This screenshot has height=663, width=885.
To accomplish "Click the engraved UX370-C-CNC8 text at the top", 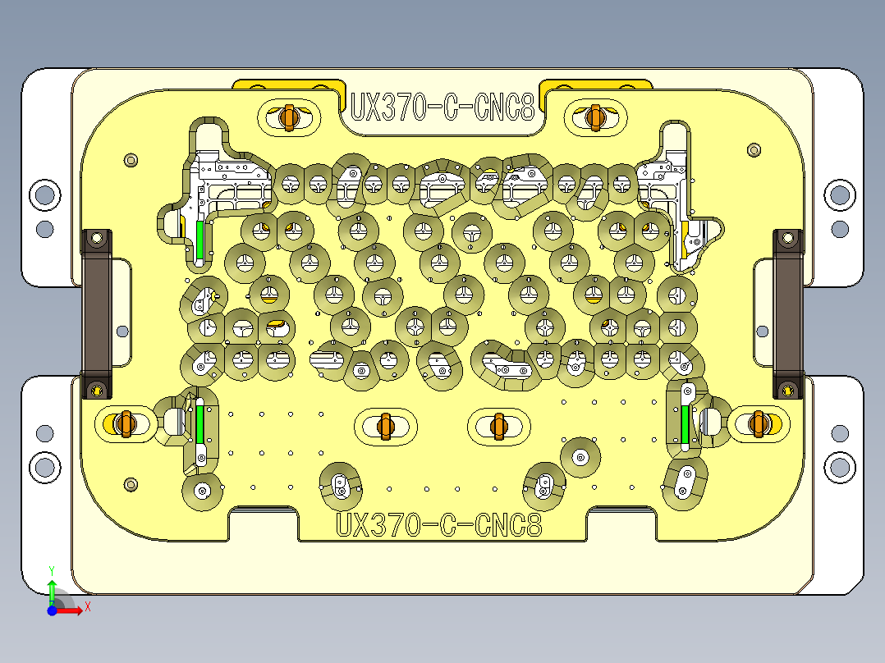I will [442, 107].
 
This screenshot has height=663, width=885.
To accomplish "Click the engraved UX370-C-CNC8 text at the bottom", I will [439, 524].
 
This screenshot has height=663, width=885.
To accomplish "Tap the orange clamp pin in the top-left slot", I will [287, 117].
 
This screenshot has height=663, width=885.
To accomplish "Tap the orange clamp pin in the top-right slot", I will [595, 117].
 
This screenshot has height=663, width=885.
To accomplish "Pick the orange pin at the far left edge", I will [125, 423].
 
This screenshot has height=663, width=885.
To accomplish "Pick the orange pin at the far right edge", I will [758, 423].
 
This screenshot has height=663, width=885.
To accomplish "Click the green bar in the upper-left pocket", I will [199, 240].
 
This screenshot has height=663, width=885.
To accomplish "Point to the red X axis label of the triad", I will [87, 607].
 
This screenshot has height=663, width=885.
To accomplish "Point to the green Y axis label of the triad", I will [52, 569].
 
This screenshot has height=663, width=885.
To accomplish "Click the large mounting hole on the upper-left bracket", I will [44, 195].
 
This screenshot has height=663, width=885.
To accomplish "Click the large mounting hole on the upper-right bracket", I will [839, 195].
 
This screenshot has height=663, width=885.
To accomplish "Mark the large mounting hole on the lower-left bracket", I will [44, 467].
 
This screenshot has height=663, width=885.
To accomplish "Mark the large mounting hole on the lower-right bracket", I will [839, 467].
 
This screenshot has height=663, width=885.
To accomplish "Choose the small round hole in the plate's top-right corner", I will [754, 150].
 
